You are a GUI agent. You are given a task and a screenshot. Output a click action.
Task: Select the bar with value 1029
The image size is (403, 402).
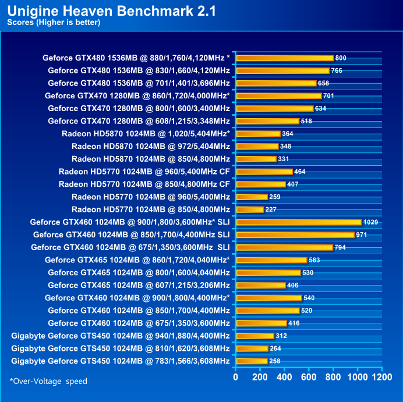pos(299,222)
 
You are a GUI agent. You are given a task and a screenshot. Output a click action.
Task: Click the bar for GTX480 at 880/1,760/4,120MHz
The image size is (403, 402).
pos(285,58)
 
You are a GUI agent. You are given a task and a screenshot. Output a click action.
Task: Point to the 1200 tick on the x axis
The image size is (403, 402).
pos(382,378)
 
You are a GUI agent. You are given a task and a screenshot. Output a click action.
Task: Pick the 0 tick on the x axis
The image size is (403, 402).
pos(236,378)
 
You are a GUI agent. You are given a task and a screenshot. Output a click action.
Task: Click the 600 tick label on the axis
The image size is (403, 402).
pos(309,378)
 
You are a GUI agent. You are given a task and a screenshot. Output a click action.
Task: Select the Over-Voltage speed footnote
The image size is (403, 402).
pos(48,381)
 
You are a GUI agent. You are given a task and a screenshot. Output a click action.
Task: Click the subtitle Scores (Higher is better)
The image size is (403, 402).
pos(54,23)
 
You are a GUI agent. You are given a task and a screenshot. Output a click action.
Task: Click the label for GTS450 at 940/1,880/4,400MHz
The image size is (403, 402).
pos(121,336)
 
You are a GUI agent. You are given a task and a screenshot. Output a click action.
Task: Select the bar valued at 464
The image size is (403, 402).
pos(264,172)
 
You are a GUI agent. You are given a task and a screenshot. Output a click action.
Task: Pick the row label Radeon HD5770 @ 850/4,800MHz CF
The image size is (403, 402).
pos(144,184)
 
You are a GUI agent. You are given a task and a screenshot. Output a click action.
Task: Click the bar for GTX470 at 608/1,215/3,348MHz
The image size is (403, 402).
pos(267,121)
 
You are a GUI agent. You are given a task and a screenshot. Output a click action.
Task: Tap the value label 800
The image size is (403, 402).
pos(341,58)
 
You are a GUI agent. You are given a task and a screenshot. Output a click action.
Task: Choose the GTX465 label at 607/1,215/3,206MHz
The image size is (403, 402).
pos(139,285)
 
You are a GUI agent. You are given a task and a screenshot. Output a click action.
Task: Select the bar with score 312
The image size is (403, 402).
pos(255,336)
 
